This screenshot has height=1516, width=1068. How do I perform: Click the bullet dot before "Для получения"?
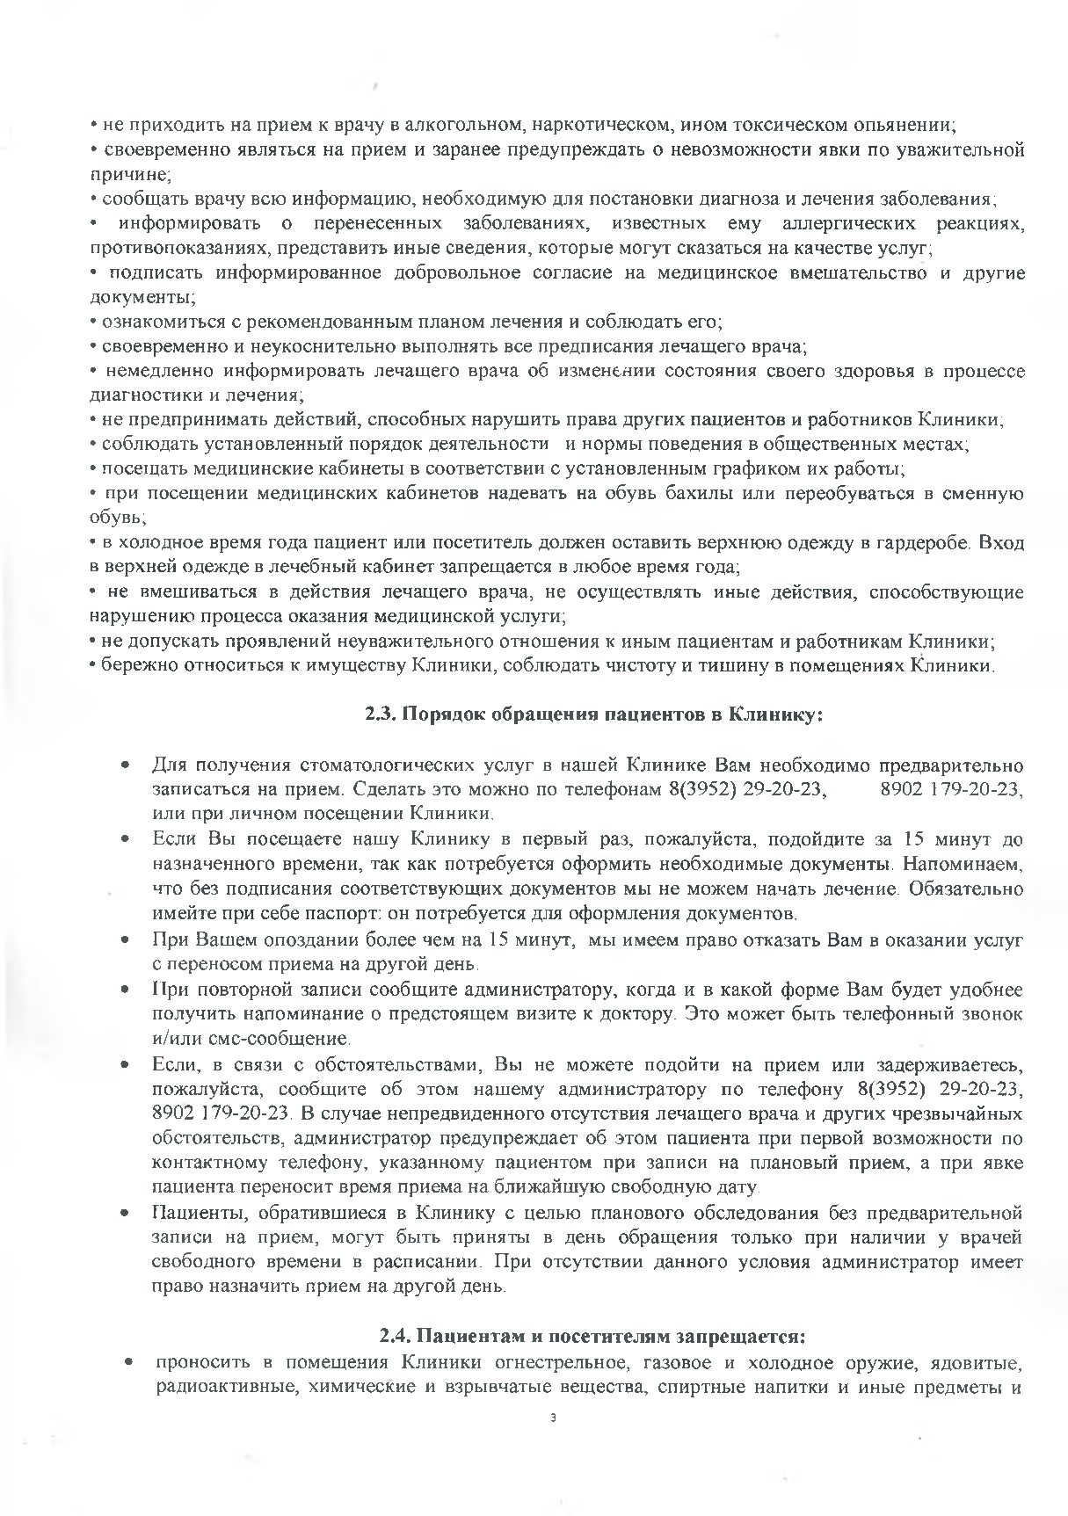point(128,764)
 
